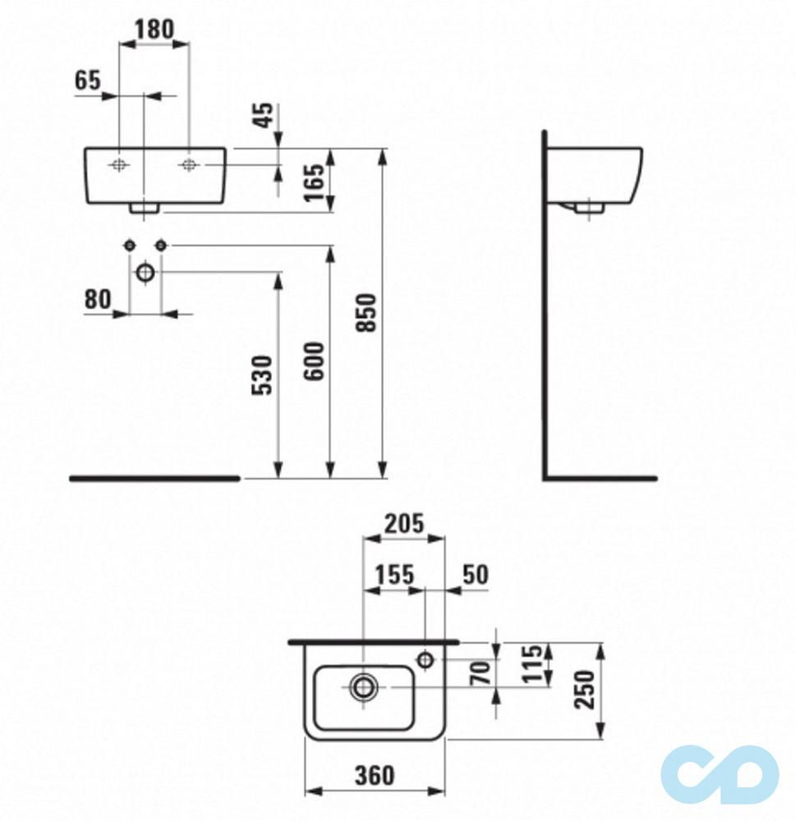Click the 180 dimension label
pyautogui.click(x=154, y=29)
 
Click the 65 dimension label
pyautogui.click(x=88, y=80)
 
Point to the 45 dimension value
pyautogui.click(x=262, y=117)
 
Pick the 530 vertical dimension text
pyautogui.click(x=262, y=375)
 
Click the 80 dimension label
pyautogui.click(x=97, y=300)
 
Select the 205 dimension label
pyautogui.click(x=403, y=523)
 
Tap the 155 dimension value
pyautogui.click(x=394, y=574)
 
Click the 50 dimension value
pyautogui.click(x=474, y=574)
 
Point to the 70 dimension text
pyautogui.click(x=483, y=672)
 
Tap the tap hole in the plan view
pyautogui.click(x=426, y=658)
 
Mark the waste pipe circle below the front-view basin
pyautogui.click(x=145, y=272)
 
